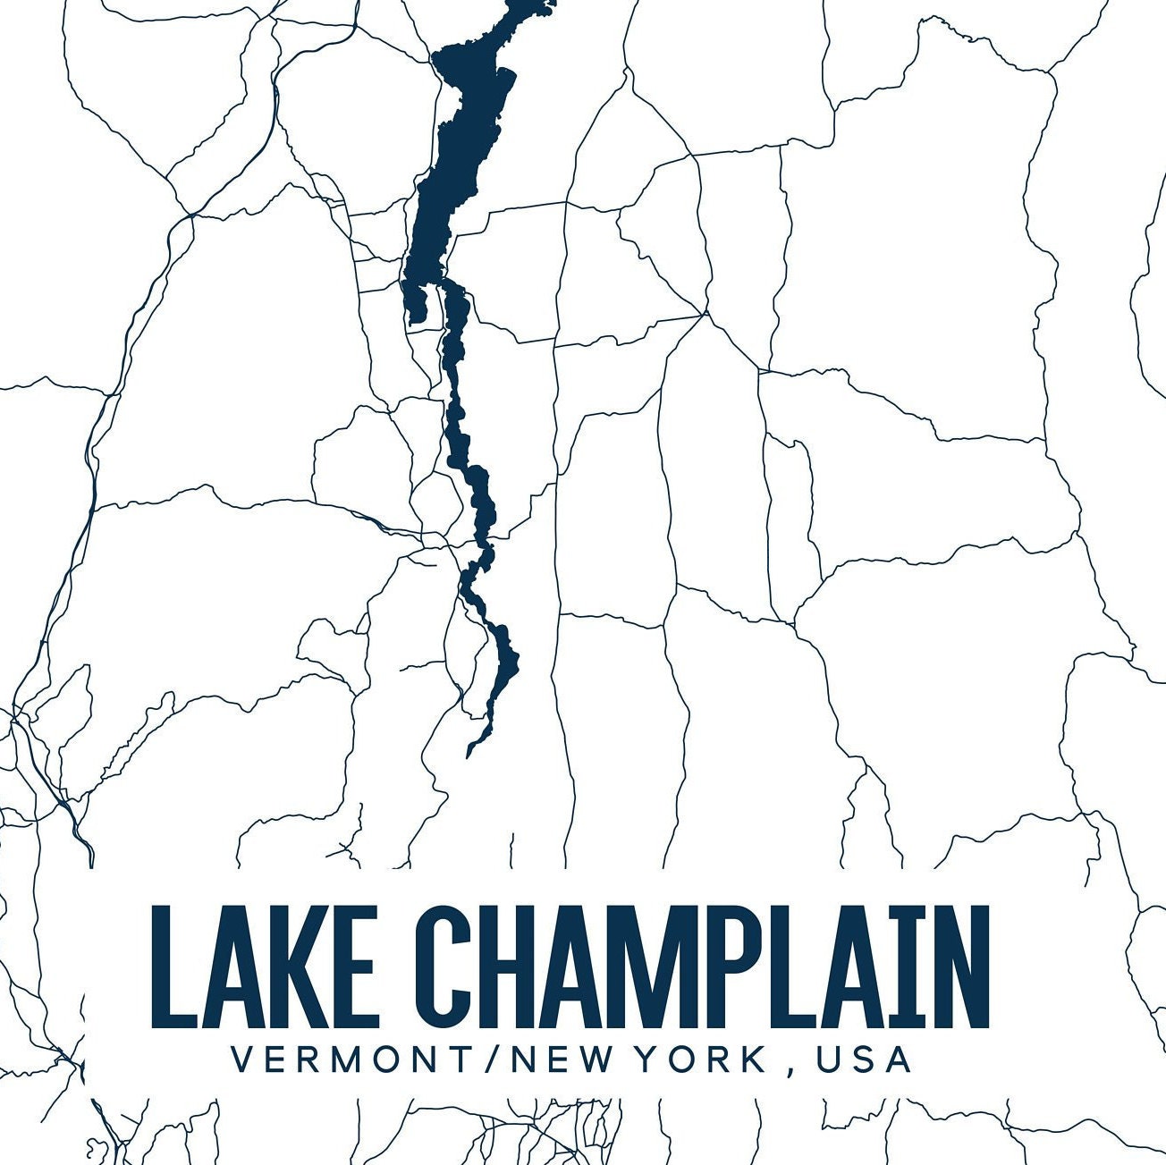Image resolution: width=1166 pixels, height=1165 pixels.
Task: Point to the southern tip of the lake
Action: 469,755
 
